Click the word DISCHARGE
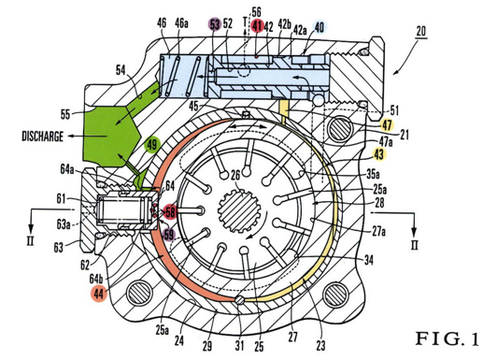coord(42,137)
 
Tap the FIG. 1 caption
coord(447,338)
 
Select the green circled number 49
coord(152,145)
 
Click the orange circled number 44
coord(99,294)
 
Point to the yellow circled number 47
coord(387,125)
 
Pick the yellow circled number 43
coord(378,154)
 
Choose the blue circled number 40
coord(320,27)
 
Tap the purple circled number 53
coord(215,24)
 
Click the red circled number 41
coord(257,26)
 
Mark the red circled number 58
coord(170,212)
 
